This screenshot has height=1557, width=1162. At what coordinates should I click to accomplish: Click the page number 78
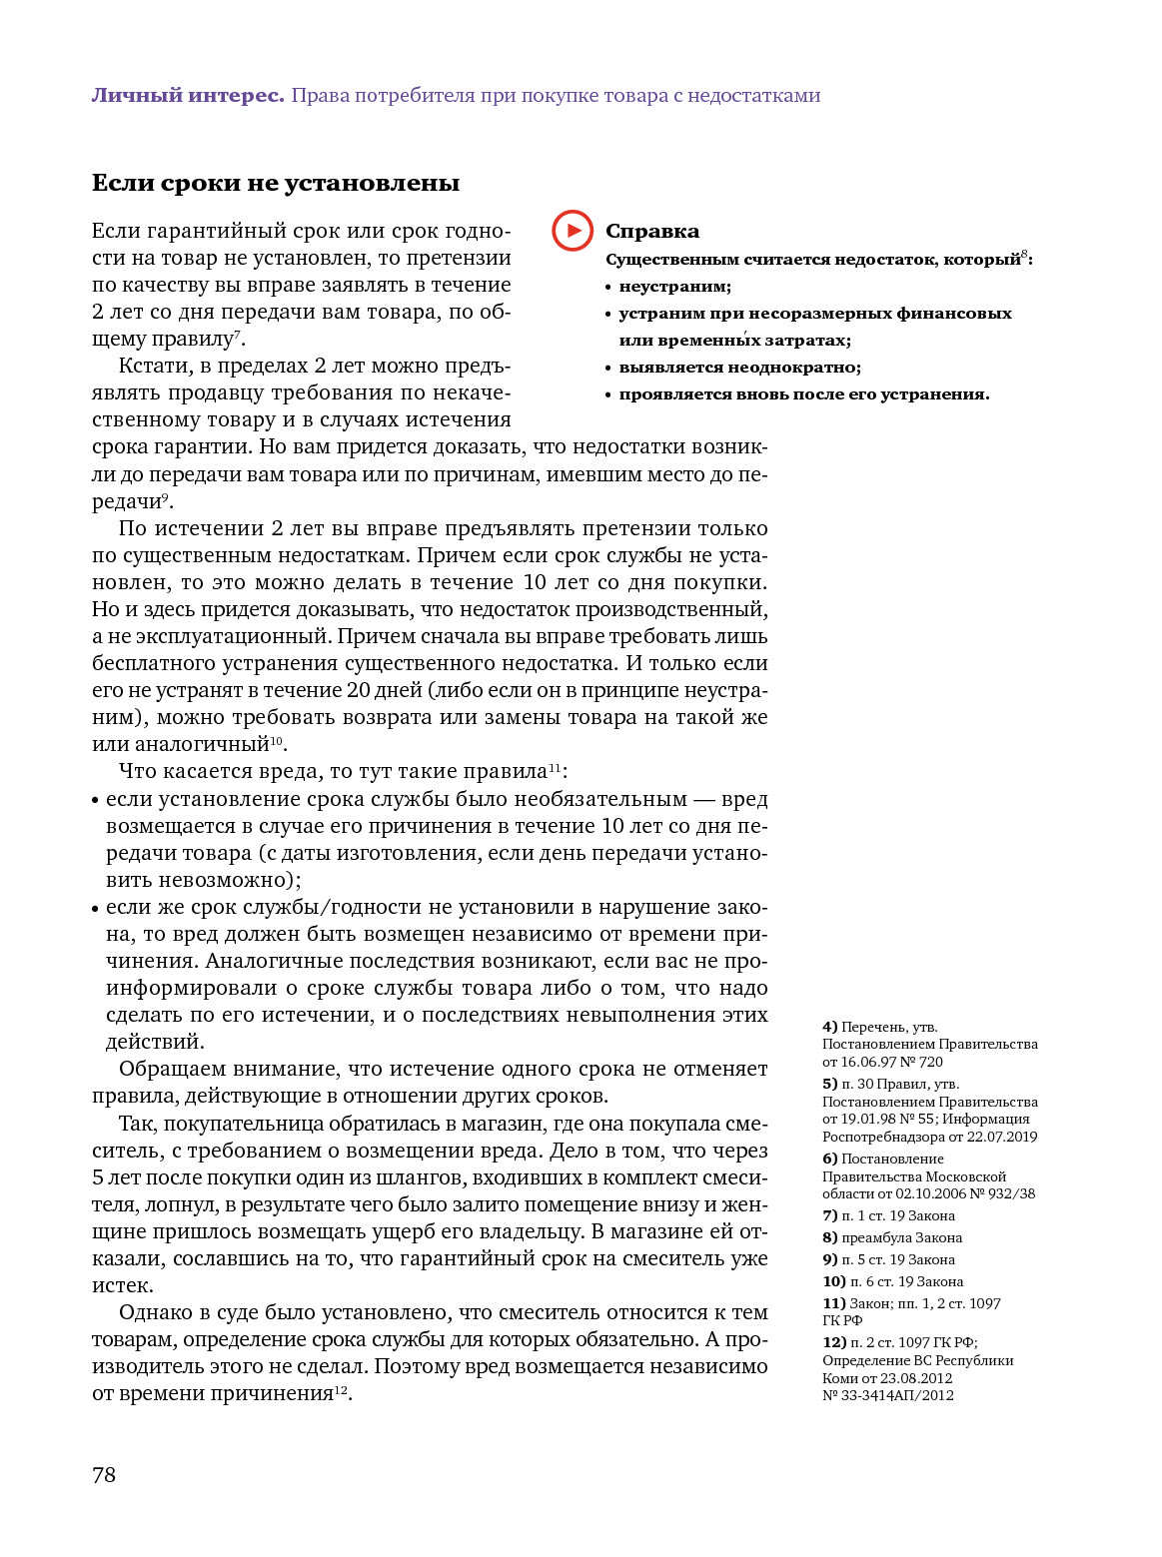coord(104,1475)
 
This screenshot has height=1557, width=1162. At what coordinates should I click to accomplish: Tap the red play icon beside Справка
coord(573,231)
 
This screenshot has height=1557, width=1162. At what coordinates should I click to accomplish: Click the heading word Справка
coord(652,232)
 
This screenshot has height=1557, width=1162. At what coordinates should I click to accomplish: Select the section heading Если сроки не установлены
coord(276,183)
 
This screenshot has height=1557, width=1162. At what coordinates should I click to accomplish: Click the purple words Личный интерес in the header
coord(188,96)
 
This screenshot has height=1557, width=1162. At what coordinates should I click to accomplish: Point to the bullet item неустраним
coord(674,287)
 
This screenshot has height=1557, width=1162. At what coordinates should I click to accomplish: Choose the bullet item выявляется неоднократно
coord(739,368)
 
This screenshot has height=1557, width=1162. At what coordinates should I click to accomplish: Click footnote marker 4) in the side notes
coord(829,1027)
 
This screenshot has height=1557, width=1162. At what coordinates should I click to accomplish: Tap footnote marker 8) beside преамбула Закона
coord(829,1238)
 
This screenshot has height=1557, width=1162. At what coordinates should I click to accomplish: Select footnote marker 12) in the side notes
coord(833,1343)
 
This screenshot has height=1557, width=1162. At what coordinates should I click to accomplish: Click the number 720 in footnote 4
coord(930,1063)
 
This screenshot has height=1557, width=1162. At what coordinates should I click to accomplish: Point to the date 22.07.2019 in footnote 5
coord(1001,1138)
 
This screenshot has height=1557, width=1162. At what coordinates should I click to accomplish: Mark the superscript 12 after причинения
coord(341,1389)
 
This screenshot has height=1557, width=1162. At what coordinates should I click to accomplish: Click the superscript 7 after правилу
coord(237,335)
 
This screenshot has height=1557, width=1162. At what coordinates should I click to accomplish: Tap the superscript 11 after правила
coord(555,767)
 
